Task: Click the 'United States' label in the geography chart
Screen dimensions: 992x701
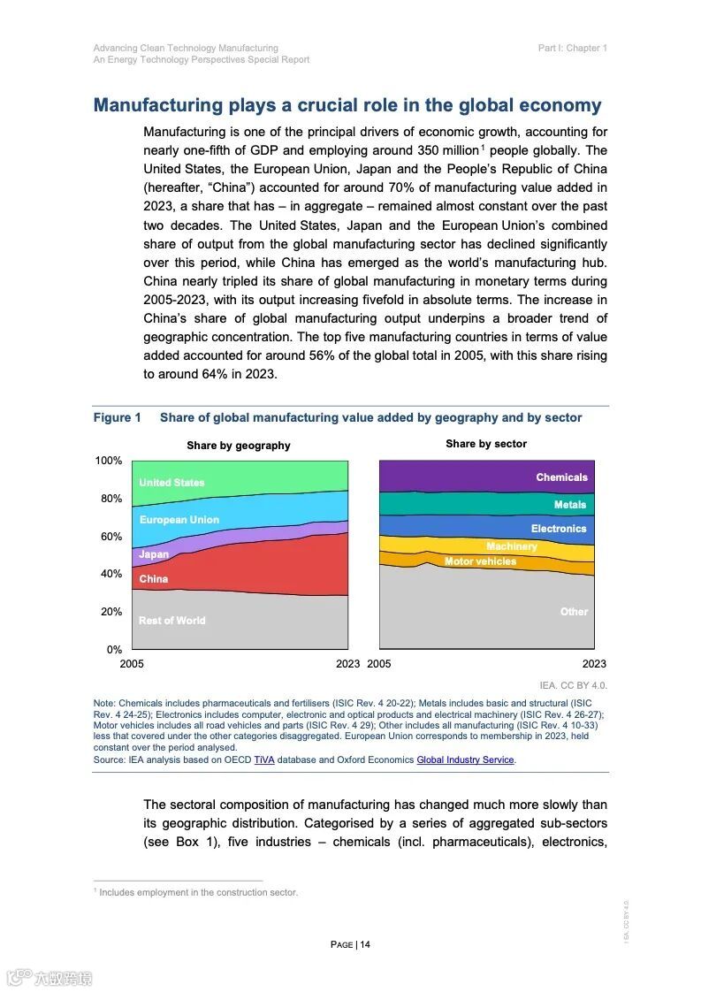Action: [x=171, y=483]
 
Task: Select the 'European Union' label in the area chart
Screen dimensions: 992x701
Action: [x=179, y=520]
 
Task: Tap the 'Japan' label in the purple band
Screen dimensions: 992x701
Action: [x=154, y=554]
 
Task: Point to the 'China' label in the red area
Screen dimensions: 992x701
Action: [x=154, y=579]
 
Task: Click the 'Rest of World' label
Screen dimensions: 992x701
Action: [x=171, y=621]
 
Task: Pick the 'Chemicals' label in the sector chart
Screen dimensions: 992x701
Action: [x=561, y=477]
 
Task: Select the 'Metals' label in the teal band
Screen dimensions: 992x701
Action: [x=570, y=505]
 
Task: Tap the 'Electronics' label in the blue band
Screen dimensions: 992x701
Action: [x=559, y=529]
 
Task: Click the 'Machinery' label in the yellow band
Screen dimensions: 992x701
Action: [x=512, y=546]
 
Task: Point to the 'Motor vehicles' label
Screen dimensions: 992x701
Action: [x=480, y=561]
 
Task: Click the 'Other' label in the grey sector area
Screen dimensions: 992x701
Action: [x=574, y=612]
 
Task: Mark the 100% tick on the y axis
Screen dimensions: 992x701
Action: [x=109, y=462]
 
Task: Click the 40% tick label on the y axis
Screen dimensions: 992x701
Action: [x=111, y=574]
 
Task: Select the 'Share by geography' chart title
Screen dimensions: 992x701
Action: [x=239, y=446]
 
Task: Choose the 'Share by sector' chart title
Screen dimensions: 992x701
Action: [x=486, y=444]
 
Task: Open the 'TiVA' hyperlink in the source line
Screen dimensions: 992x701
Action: [x=264, y=759]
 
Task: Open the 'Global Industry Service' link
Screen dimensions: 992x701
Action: [x=465, y=759]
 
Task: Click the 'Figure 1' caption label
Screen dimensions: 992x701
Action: [x=118, y=417]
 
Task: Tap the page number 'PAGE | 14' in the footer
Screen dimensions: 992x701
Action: [x=350, y=944]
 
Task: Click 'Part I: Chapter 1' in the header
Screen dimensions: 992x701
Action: [x=572, y=48]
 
